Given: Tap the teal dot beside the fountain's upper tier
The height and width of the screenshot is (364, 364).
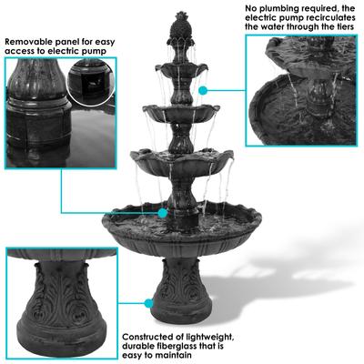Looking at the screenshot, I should pyautogui.click(x=206, y=90).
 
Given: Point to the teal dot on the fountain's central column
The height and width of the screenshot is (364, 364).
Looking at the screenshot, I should pyautogui.click(x=163, y=213).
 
